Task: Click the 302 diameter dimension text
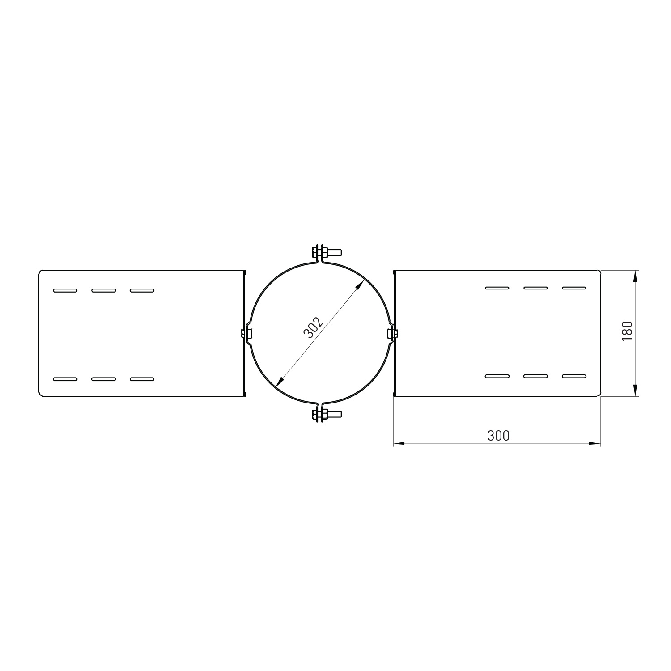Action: (313, 328)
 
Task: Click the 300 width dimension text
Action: (498, 435)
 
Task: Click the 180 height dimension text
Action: (627, 331)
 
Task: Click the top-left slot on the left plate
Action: (65, 290)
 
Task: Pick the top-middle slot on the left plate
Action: (103, 290)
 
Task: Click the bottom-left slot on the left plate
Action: (65, 379)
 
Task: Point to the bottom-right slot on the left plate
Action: (142, 379)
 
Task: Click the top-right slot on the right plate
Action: (574, 288)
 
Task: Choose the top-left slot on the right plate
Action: (497, 288)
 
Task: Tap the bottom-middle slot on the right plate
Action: (535, 376)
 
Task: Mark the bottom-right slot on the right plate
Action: (574, 376)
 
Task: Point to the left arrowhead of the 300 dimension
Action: (399, 444)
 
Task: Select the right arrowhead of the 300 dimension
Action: (595, 444)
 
